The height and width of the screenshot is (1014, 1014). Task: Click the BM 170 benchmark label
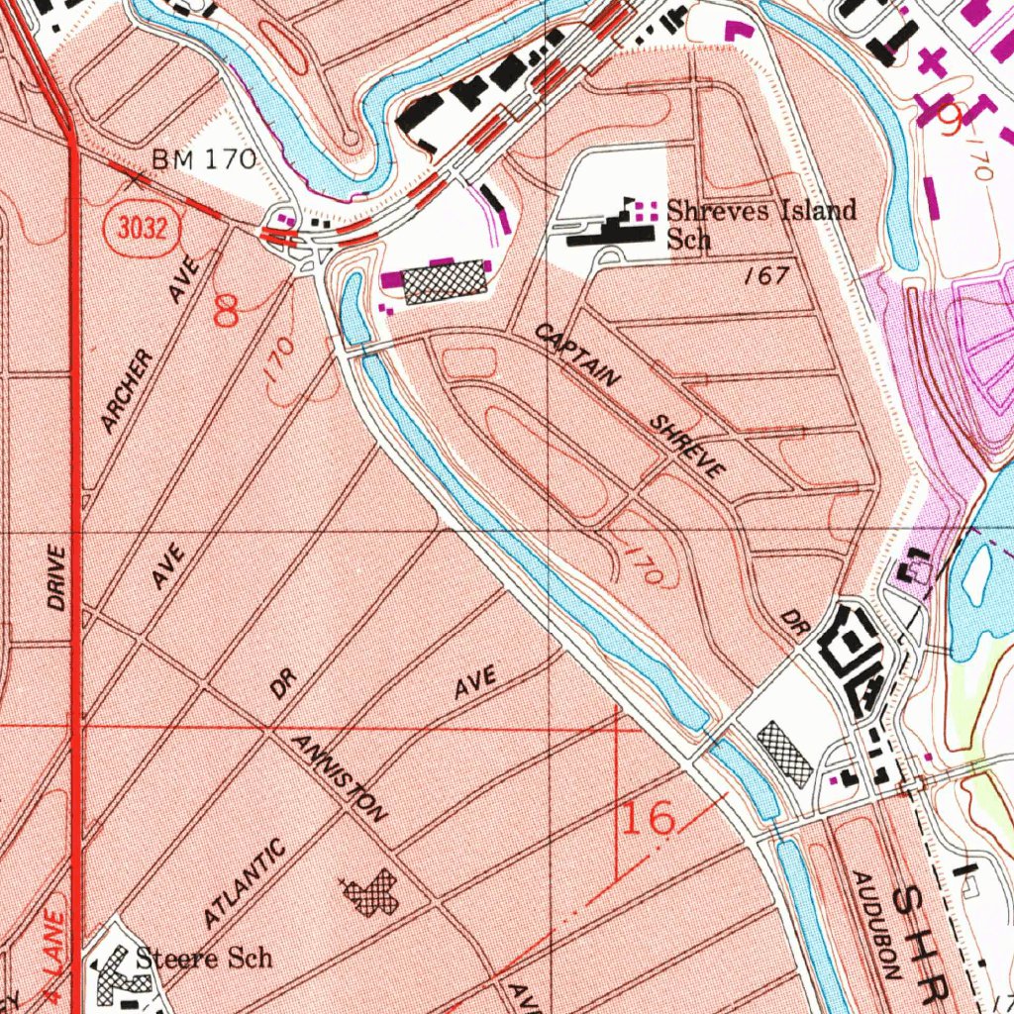click(x=203, y=158)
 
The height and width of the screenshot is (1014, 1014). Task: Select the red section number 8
click(x=227, y=312)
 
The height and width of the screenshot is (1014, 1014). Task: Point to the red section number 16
click(x=649, y=818)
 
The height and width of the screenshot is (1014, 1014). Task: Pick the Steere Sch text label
click(x=203, y=958)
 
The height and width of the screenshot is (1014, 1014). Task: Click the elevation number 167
click(x=766, y=276)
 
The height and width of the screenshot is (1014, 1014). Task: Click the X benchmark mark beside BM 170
click(x=137, y=179)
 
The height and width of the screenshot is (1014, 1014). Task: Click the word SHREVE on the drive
click(x=687, y=447)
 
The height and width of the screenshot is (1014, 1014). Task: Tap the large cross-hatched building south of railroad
click(x=444, y=280)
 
